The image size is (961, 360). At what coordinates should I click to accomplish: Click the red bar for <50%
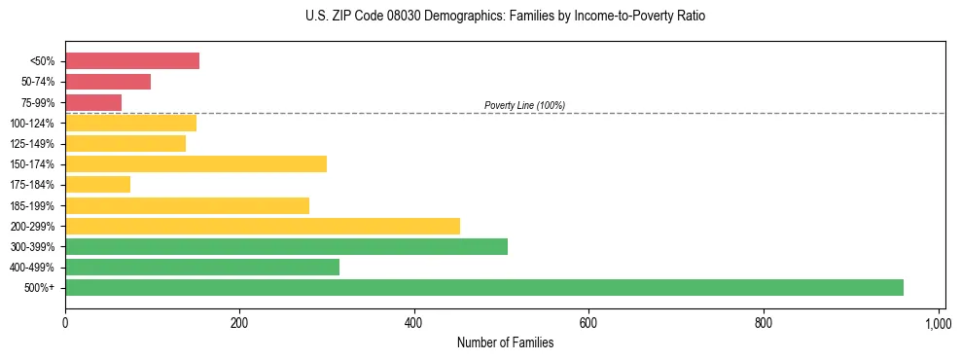pos(132,61)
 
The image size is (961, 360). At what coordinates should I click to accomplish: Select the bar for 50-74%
pos(108,82)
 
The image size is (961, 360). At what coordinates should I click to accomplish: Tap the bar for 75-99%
pos(93,102)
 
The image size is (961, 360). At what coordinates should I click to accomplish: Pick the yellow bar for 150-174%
pos(196,163)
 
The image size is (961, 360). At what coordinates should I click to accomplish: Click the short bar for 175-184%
pos(97,184)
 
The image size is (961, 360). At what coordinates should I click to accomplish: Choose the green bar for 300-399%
pos(286,246)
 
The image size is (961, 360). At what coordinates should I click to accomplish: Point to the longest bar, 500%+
pos(483,287)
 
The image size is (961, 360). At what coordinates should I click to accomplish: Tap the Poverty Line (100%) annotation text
pos(524,105)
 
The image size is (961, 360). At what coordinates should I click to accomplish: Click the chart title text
pos(504,17)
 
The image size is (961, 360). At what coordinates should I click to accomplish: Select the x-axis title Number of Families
pos(504,342)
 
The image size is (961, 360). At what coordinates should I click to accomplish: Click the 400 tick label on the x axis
pos(414,322)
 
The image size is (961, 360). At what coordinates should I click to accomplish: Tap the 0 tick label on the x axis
pos(65,322)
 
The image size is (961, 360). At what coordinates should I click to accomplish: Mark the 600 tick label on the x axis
pos(588,322)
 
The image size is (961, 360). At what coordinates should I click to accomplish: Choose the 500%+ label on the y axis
pos(40,288)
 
